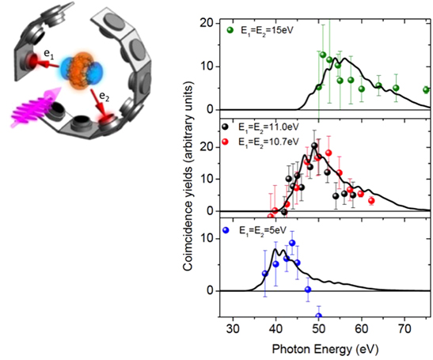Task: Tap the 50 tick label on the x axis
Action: click(x=319, y=327)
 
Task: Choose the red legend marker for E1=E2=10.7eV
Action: click(x=228, y=141)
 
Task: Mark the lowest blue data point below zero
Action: click(x=319, y=316)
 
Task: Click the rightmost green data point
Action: click(x=427, y=90)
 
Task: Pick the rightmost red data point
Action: click(x=371, y=201)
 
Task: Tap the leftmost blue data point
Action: click(x=265, y=274)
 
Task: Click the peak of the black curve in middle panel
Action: click(x=315, y=146)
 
